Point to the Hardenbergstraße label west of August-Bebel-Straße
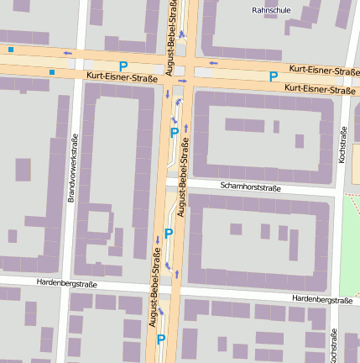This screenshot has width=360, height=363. pos(67,284)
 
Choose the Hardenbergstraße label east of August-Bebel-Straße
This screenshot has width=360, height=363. pos(321,299)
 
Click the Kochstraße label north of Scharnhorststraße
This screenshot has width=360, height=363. pos(342,145)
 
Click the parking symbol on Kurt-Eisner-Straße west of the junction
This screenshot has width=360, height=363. pos(123,66)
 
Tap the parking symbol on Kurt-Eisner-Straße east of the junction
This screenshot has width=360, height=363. pos(274,76)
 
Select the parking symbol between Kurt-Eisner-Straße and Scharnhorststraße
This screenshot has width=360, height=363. pos(174,132)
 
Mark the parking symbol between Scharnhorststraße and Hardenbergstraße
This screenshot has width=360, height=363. pos(168,233)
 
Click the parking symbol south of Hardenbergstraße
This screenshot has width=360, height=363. pos(161,339)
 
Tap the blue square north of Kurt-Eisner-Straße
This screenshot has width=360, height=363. pos(10,50)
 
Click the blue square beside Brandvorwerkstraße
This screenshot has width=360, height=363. pos(52,72)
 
